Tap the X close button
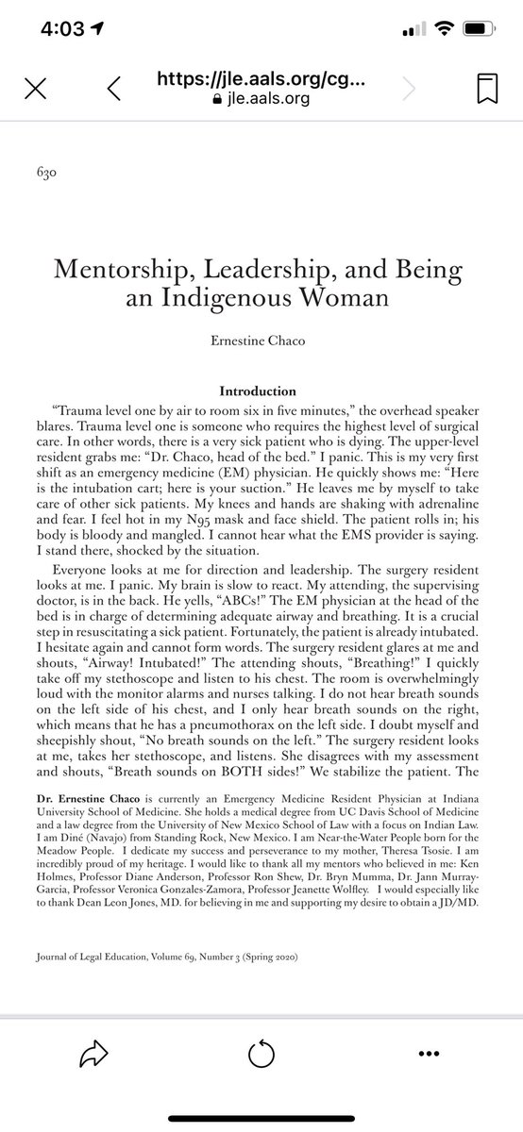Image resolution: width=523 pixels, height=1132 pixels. pyautogui.click(x=34, y=89)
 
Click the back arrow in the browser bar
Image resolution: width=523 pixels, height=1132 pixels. pyautogui.click(x=113, y=89)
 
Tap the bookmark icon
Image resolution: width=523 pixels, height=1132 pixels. pyautogui.click(x=487, y=89)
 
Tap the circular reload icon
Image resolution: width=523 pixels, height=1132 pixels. pyautogui.click(x=261, y=1078)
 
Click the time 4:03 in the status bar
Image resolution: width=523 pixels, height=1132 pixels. pyautogui.click(x=63, y=29)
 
